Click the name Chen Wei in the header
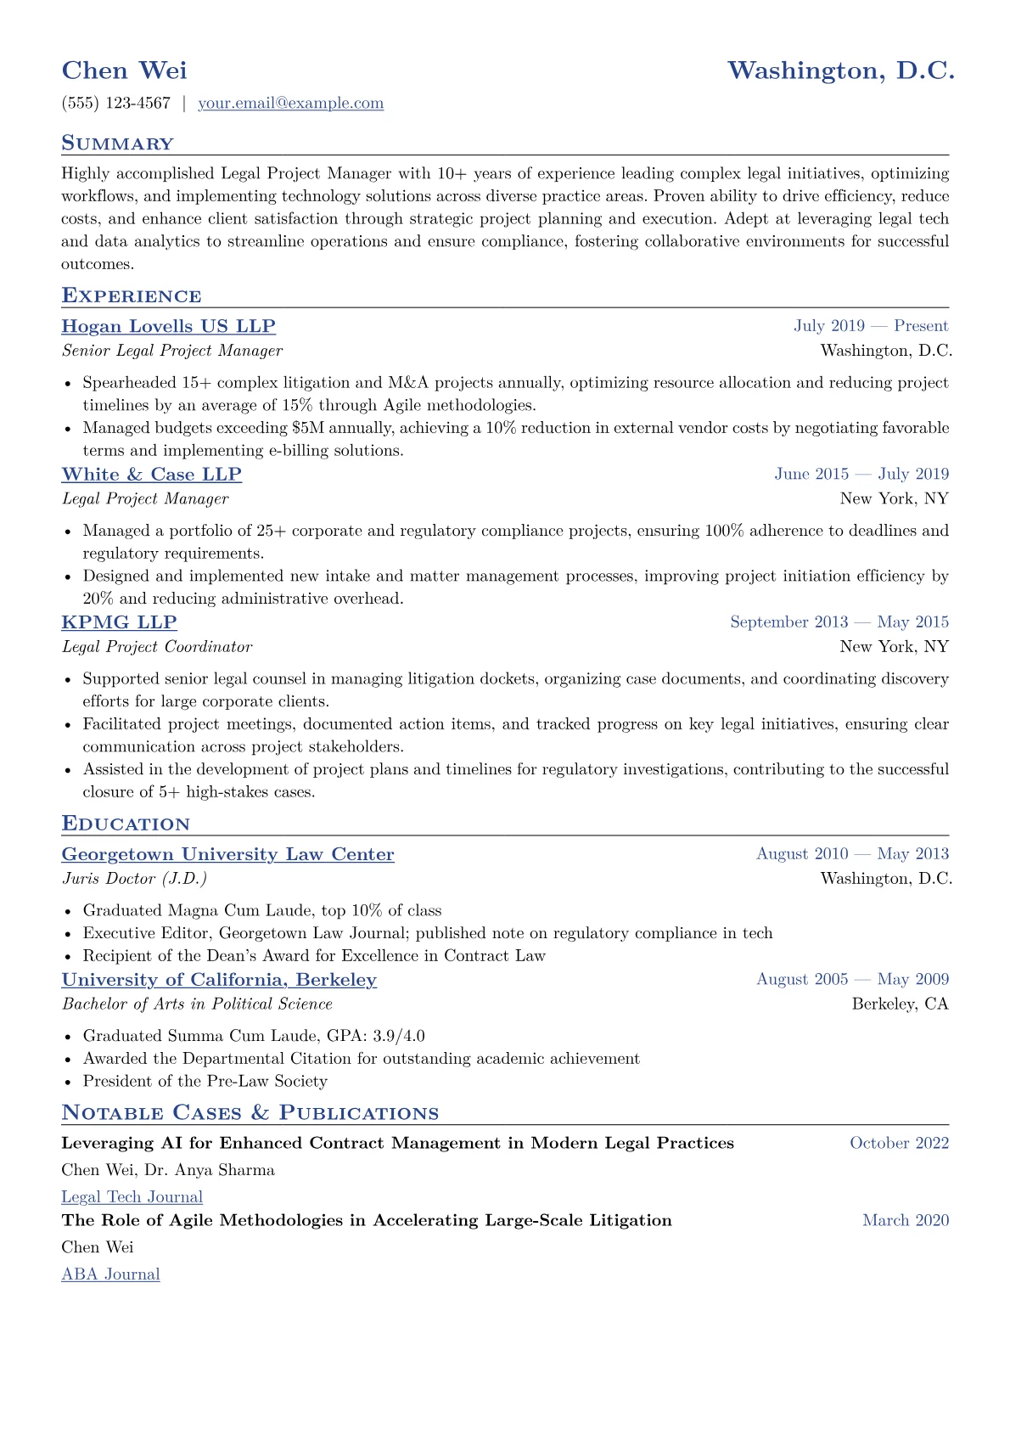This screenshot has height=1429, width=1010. (x=124, y=70)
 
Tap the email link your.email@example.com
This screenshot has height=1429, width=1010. (x=290, y=104)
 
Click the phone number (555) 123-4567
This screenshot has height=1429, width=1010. (x=116, y=104)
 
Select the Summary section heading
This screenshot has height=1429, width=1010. (x=117, y=143)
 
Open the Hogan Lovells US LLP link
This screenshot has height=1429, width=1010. (x=168, y=327)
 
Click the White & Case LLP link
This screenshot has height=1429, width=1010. (x=151, y=475)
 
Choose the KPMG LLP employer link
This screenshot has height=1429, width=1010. (x=119, y=622)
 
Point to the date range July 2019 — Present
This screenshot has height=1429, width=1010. (x=871, y=326)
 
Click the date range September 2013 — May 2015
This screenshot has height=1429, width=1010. (x=839, y=622)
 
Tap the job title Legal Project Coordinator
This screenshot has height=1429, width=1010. (x=157, y=647)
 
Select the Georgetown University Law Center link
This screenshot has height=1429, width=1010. (x=227, y=855)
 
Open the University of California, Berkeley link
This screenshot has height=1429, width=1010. (x=219, y=980)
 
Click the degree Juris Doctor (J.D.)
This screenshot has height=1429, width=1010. (x=134, y=879)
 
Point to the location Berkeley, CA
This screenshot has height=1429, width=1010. (x=900, y=1004)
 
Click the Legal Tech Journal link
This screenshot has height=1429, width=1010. (x=132, y=1197)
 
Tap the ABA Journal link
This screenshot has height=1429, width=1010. (x=110, y=1274)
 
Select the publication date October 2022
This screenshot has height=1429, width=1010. (x=899, y=1144)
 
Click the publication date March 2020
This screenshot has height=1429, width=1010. (x=906, y=1221)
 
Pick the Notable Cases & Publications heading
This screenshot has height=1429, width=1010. (x=250, y=1113)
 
